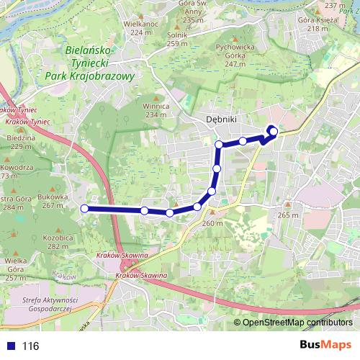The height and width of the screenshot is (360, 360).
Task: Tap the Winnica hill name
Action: [156, 106]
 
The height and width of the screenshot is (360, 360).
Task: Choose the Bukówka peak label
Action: [55, 196]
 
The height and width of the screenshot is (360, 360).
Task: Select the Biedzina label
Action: [19, 138]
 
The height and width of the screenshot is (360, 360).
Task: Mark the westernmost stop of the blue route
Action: [84, 209]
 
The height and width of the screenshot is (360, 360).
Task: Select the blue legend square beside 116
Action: [10, 346]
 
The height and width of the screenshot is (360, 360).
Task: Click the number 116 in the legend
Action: [30, 346]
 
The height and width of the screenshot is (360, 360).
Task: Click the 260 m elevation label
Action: [212, 223]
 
